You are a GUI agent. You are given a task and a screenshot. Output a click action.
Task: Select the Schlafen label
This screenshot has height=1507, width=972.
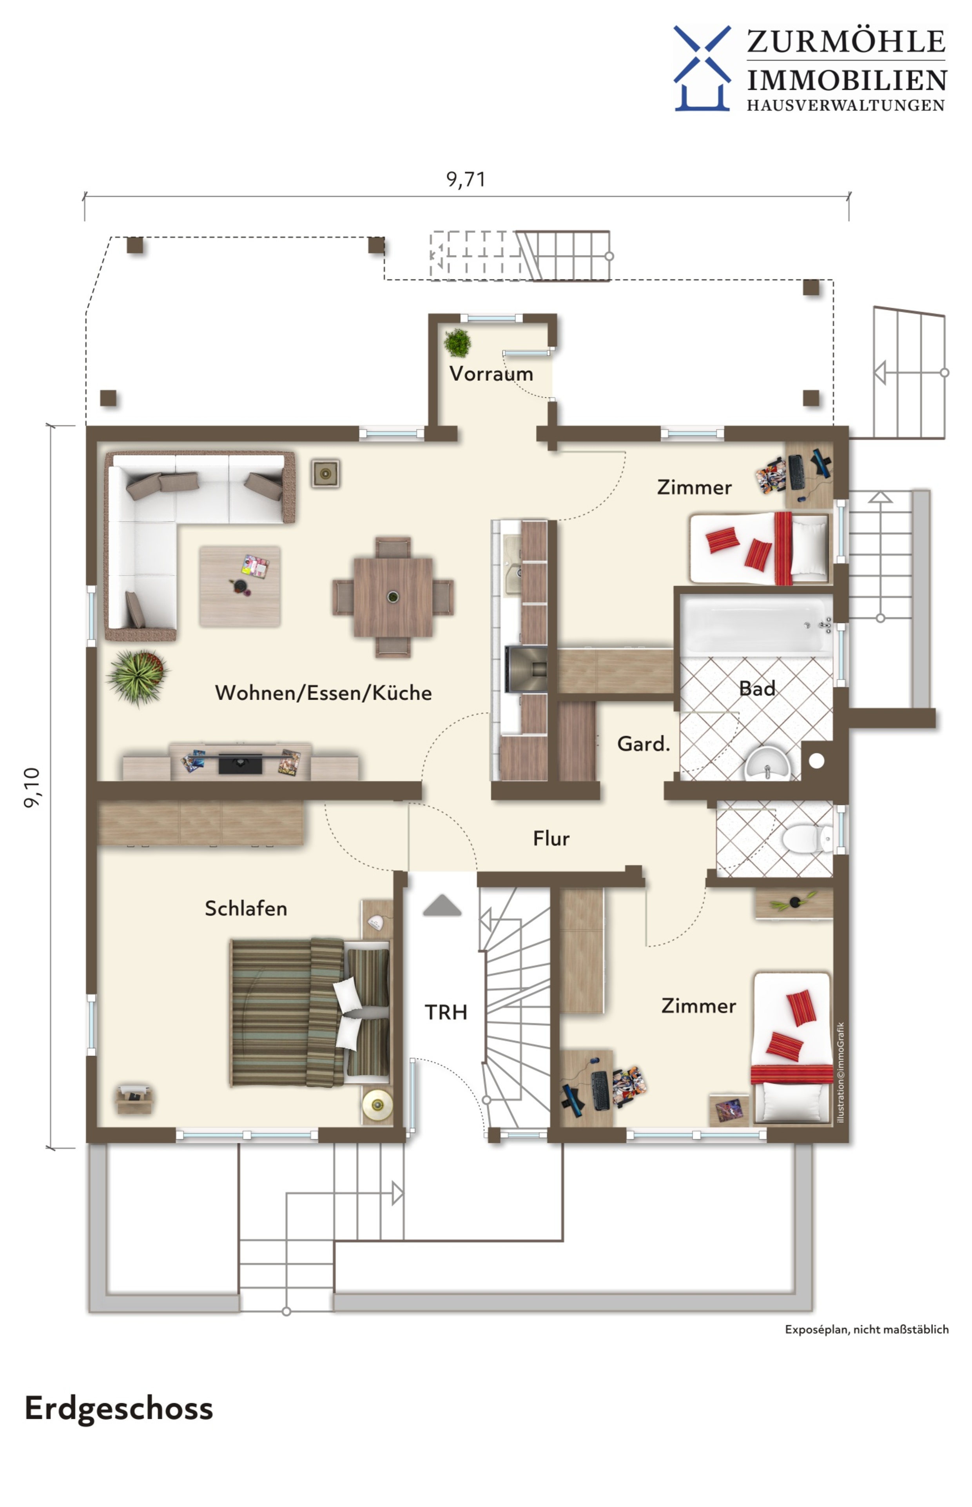click(246, 909)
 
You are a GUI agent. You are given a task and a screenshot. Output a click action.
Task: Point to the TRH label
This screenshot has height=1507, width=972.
click(446, 1012)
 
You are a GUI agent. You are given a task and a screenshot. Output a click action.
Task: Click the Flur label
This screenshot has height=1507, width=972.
click(551, 838)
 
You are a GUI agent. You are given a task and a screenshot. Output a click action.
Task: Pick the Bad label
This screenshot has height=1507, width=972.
click(757, 688)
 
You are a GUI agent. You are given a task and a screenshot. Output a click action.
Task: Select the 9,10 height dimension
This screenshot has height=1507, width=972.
click(32, 787)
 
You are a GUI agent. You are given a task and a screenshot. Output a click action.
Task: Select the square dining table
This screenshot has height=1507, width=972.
click(393, 596)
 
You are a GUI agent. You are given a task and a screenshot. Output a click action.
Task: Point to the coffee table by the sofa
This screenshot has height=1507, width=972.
click(240, 587)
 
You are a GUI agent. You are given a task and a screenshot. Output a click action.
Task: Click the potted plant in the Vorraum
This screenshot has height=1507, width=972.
click(458, 343)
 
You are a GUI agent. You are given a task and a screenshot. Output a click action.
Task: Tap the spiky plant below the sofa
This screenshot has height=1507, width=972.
click(138, 677)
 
